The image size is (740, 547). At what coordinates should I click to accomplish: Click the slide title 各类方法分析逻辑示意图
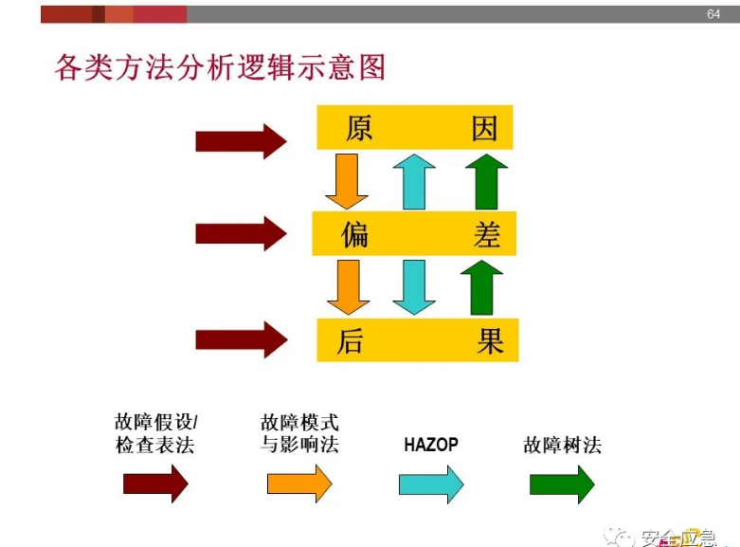pos(221,68)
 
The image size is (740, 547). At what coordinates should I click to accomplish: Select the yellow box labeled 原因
pos(415,128)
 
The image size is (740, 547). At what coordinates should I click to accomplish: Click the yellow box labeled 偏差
pos(414,234)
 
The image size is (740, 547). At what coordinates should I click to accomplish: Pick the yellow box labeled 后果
pos(415,339)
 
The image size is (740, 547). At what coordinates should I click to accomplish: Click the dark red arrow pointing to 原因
pos(241,141)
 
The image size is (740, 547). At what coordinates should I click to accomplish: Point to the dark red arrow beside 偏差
pos(241,233)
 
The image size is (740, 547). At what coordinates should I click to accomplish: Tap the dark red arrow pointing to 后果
pos(241,339)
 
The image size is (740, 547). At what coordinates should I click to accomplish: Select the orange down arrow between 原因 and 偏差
pos(346,180)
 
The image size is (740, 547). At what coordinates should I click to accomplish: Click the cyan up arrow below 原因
pos(413,181)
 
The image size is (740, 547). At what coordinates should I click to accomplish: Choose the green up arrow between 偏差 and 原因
pos(486,181)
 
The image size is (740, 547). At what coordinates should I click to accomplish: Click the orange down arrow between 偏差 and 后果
pos(348,287)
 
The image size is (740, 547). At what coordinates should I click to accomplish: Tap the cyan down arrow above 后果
pos(413,287)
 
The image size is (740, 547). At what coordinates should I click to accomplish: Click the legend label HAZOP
pos(431,444)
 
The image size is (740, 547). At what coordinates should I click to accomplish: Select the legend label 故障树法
pos(562,445)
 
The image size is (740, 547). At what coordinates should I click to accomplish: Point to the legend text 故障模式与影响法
pos(299,433)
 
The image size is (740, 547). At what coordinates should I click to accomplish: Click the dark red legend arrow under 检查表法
pos(155,484)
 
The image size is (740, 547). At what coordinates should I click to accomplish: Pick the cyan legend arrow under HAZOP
pos(431,484)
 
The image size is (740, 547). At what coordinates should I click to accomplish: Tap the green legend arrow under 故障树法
pos(561,484)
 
